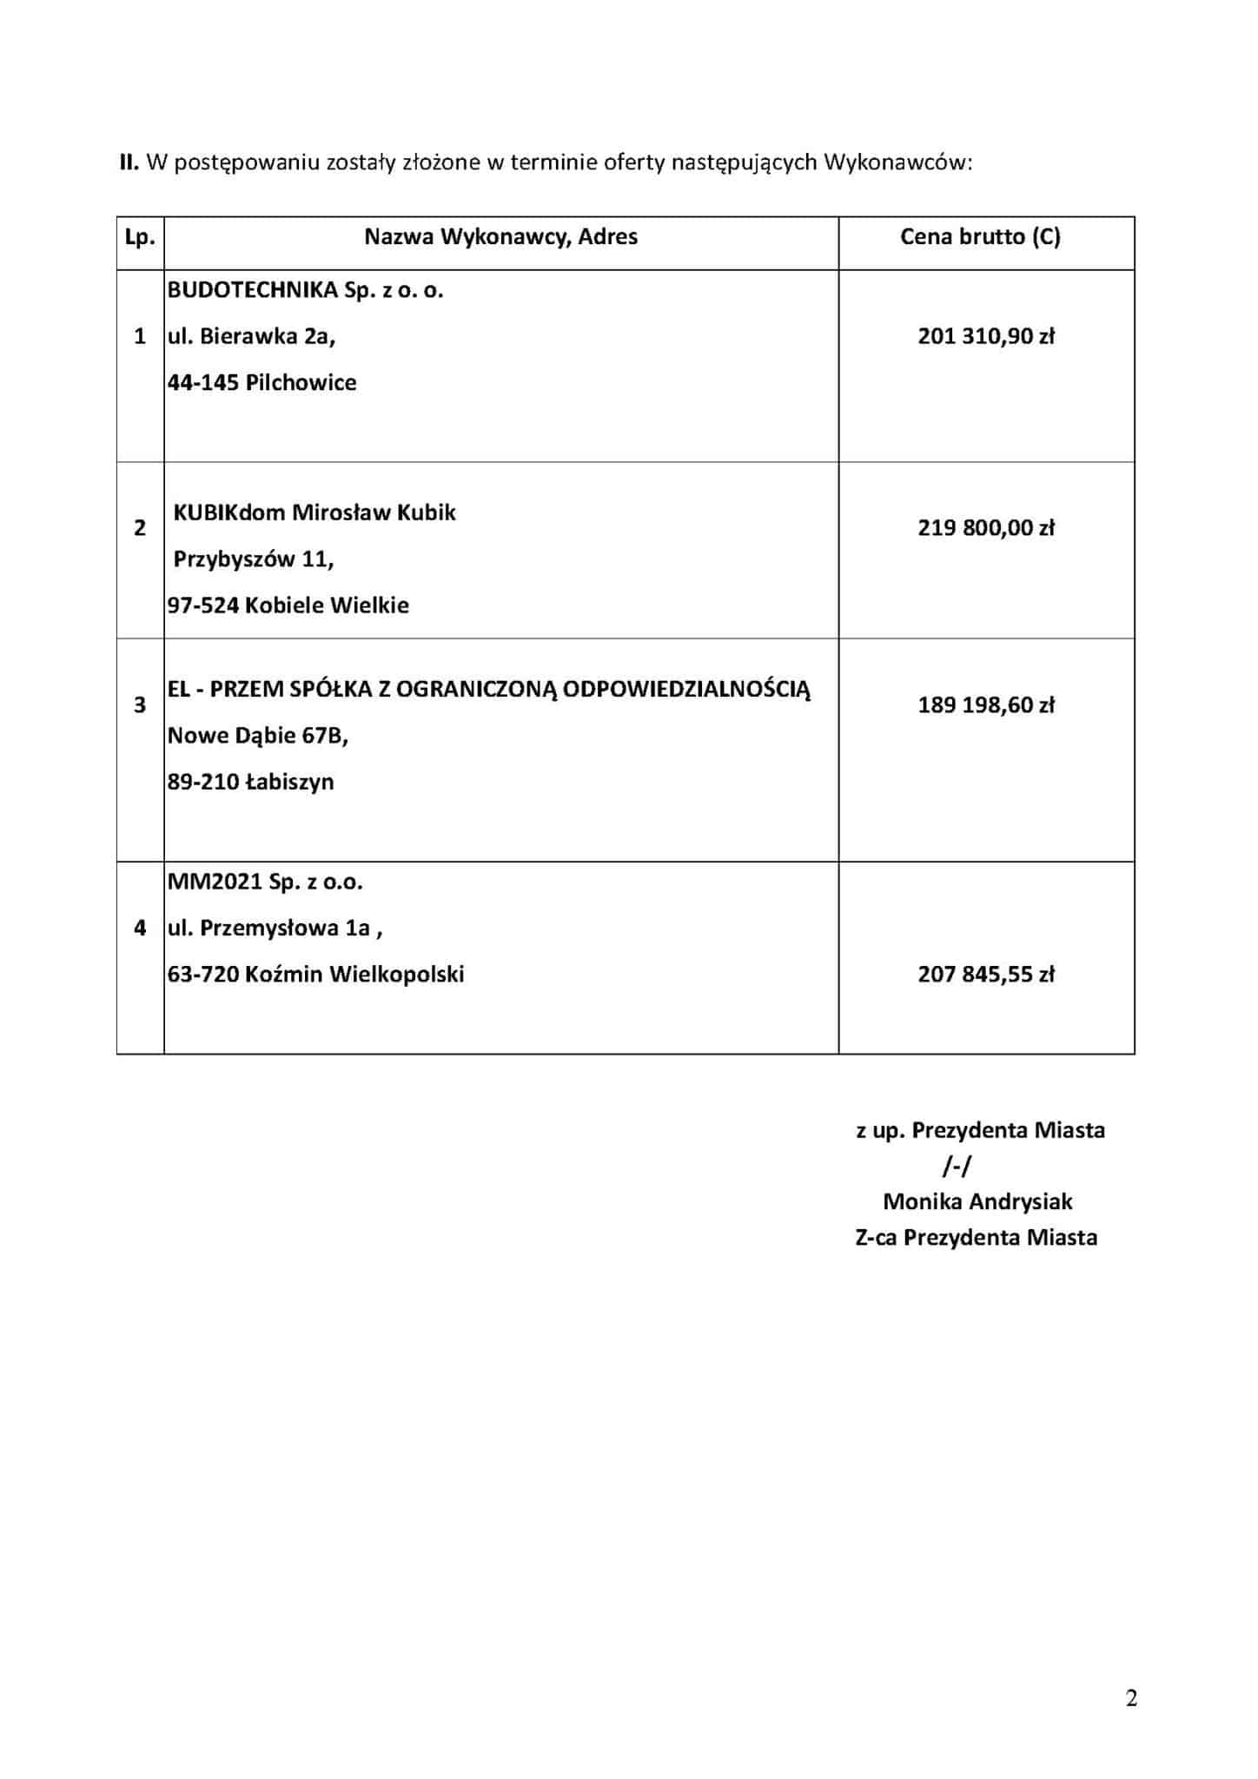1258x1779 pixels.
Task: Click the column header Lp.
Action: (x=140, y=237)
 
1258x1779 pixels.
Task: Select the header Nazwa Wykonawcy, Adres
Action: (x=500, y=237)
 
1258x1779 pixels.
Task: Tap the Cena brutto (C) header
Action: (x=980, y=237)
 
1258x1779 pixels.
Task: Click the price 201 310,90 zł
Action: (x=986, y=336)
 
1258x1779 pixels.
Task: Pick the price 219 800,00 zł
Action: (x=986, y=527)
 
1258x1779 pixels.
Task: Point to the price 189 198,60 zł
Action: (x=986, y=704)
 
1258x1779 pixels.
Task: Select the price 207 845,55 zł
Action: (x=986, y=975)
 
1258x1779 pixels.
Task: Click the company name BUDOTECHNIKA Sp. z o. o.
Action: (x=305, y=290)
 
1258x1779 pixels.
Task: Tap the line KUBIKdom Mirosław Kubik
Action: (x=314, y=513)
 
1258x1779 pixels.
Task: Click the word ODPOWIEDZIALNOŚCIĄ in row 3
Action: (x=686, y=690)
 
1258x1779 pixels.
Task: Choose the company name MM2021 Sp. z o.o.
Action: (x=265, y=883)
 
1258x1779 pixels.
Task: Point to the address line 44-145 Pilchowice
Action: (x=262, y=383)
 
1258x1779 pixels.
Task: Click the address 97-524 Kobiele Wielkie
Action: (x=288, y=605)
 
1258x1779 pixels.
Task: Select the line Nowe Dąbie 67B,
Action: (x=257, y=736)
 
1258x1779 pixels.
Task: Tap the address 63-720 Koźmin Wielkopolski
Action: (x=315, y=975)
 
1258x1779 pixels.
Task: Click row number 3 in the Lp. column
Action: (x=140, y=704)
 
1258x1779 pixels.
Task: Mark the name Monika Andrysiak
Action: (x=977, y=1201)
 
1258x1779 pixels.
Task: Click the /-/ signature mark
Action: (x=957, y=1166)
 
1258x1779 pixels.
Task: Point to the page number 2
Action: (x=1131, y=1698)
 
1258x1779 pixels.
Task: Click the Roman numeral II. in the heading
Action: (x=129, y=162)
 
